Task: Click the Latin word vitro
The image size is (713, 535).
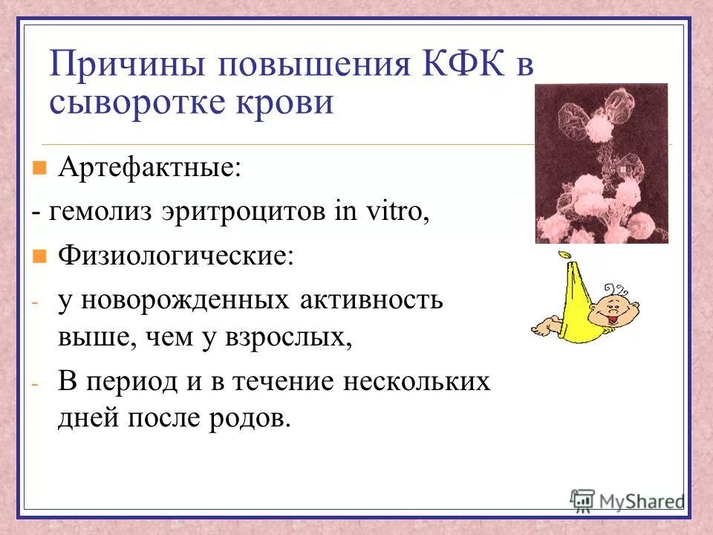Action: tap(394, 212)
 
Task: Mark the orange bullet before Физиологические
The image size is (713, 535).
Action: tap(40, 257)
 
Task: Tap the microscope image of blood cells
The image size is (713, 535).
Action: tap(601, 163)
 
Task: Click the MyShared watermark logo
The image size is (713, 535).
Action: tap(627, 500)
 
